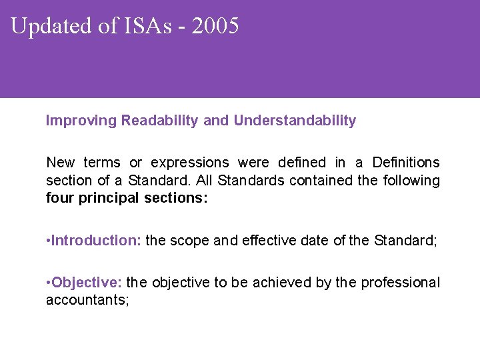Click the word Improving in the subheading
point(80,121)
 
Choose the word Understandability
point(295,121)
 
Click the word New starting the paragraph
point(61,163)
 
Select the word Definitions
point(406,163)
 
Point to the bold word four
point(59,199)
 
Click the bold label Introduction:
point(96,241)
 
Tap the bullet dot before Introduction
point(49,241)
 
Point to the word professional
point(400,283)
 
